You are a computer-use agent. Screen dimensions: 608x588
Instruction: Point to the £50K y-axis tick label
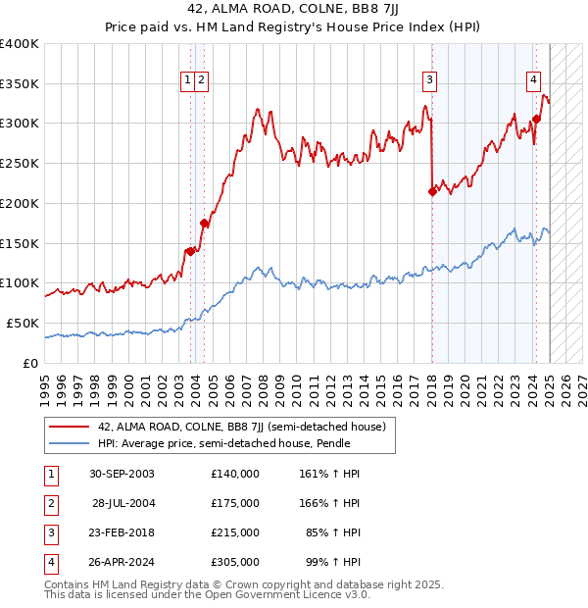click(x=24, y=323)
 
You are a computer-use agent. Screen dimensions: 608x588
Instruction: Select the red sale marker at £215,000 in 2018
click(x=432, y=191)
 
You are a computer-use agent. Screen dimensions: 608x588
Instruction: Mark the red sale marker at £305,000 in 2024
click(x=536, y=120)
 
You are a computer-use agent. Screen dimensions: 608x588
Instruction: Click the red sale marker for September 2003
click(x=189, y=251)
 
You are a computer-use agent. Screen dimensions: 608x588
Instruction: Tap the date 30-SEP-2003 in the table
click(x=122, y=474)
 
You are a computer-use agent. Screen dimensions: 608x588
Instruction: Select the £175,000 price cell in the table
click(x=234, y=503)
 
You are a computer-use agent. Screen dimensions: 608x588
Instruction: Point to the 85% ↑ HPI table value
click(x=333, y=532)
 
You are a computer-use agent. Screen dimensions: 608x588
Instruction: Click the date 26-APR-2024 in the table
click(x=122, y=562)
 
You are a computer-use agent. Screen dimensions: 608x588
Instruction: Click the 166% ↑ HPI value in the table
click(x=329, y=503)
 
